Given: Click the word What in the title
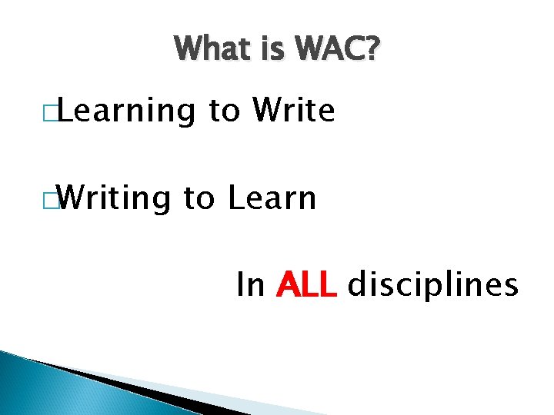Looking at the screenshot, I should (x=209, y=51).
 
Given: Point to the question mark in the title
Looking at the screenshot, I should (x=372, y=51).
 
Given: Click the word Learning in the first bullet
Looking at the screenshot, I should (x=126, y=112).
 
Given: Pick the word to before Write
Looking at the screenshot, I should (x=225, y=112).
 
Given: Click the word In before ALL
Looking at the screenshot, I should (x=251, y=285).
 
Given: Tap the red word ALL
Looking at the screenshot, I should (x=306, y=285).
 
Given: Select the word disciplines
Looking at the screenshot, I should (x=433, y=285).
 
